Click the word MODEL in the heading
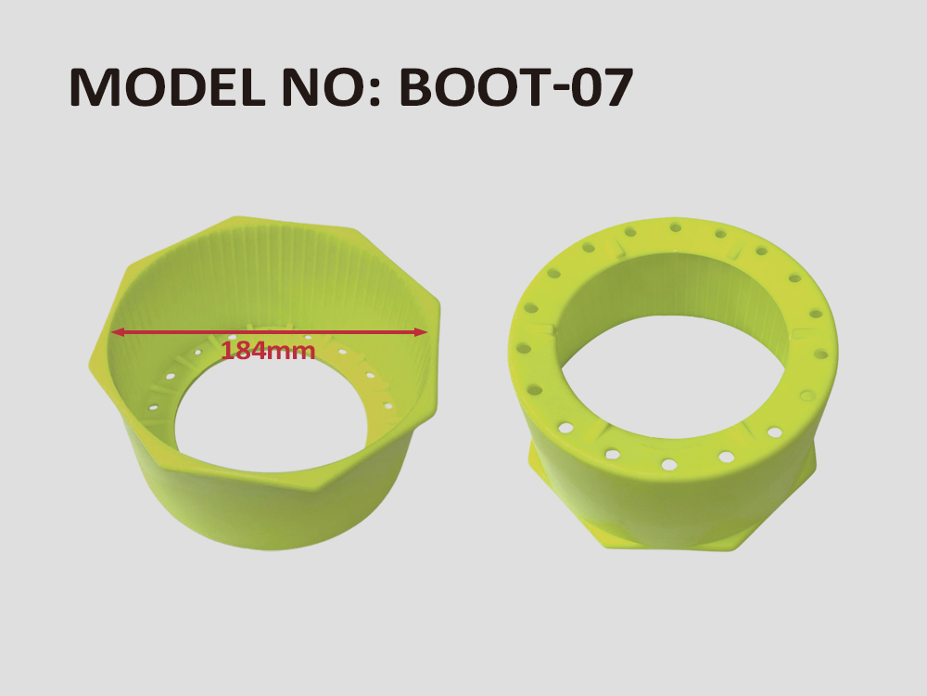pyautogui.click(x=167, y=86)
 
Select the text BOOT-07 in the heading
pyautogui.click(x=516, y=86)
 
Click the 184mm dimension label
pyautogui.click(x=268, y=351)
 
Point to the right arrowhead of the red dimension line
pyautogui.click(x=421, y=332)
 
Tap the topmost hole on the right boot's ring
pyautogui.click(x=675, y=226)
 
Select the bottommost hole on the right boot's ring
pyautogui.click(x=668, y=464)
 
